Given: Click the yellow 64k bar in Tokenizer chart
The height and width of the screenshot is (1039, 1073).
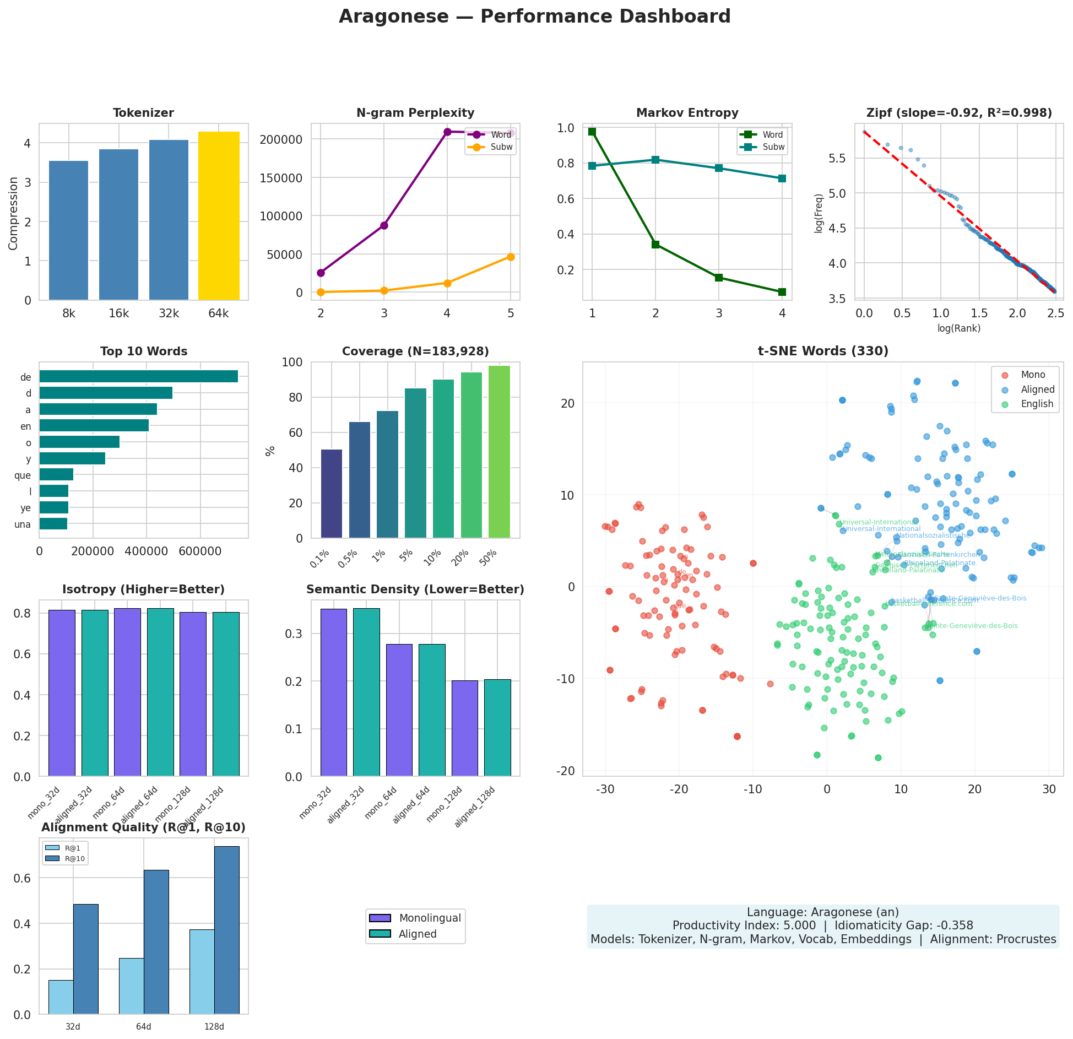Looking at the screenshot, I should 219,216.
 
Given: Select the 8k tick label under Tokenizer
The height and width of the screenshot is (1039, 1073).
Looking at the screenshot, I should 69,314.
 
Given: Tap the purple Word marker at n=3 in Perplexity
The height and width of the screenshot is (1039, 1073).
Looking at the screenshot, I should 384,225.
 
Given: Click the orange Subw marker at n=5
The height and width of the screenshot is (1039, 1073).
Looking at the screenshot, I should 511,257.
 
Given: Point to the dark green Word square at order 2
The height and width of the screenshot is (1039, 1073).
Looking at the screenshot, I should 655,245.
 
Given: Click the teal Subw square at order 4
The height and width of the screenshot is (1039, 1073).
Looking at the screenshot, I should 782,178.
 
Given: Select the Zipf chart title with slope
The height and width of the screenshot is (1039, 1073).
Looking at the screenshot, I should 959,113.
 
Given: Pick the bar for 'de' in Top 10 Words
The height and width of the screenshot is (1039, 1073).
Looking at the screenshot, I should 138,376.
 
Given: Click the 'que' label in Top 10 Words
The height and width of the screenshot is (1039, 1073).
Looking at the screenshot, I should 23,475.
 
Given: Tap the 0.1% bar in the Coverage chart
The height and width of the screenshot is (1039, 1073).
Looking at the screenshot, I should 332,494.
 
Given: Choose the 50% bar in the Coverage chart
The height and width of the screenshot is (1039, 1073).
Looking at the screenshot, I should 499,452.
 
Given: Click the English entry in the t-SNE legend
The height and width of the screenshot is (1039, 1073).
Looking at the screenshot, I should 1037,404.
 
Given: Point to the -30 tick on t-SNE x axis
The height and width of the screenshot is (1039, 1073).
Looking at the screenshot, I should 605,789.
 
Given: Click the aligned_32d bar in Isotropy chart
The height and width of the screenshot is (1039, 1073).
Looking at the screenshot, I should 95,693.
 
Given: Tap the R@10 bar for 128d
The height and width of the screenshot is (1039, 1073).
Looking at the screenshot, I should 227,930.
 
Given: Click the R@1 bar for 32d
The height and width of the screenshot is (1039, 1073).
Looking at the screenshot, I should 61,997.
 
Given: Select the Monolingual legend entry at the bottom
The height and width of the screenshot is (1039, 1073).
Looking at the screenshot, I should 430,918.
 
